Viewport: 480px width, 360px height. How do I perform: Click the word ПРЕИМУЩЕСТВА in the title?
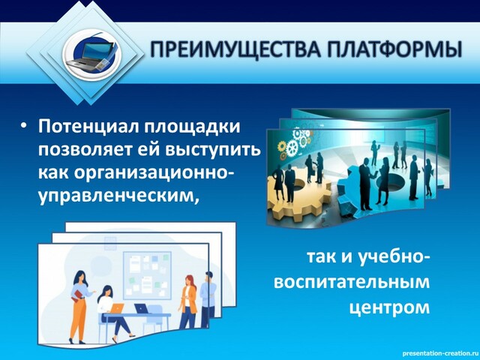tap(235, 49)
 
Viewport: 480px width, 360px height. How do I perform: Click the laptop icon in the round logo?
tap(91, 55)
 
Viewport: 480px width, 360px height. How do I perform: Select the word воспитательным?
tap(352, 283)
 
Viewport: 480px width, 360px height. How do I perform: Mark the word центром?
tap(390, 307)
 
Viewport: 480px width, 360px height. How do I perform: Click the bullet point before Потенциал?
tap(24, 127)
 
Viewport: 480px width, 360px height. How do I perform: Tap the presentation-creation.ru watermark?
tap(440, 353)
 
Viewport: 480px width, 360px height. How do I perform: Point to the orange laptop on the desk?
tap(117, 307)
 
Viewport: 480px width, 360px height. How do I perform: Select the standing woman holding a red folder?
tap(80, 307)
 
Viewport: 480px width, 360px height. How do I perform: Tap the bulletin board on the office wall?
tap(147, 275)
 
